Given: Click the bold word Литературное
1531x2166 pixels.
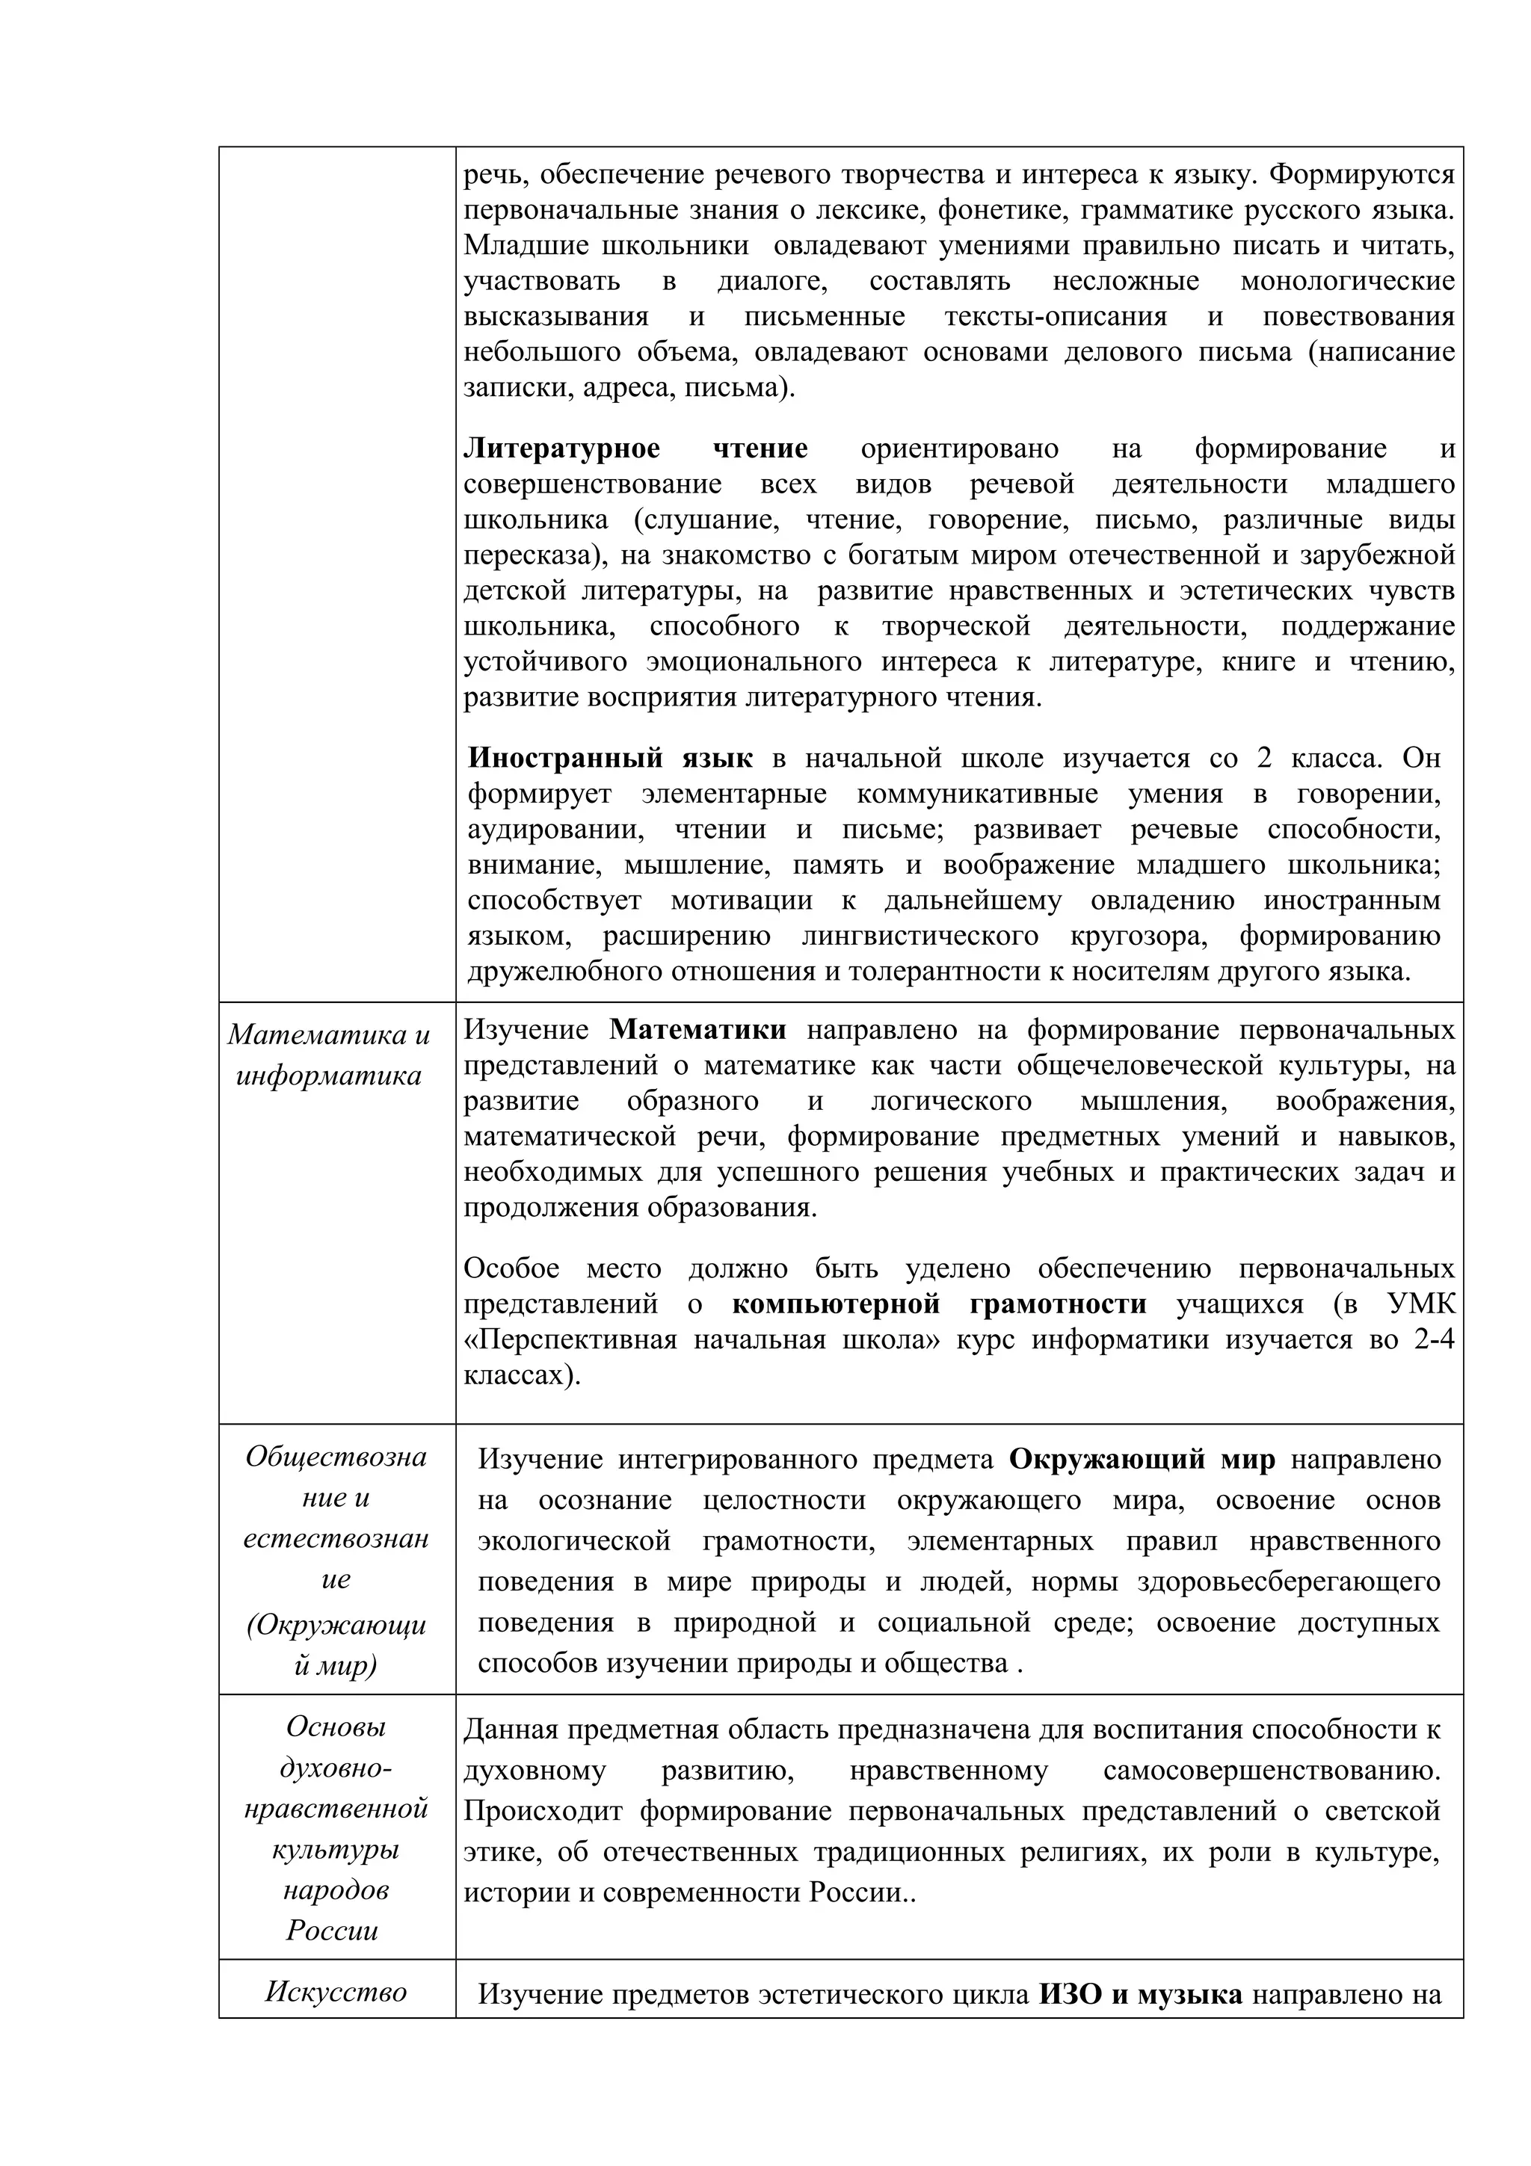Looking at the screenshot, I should point(561,449).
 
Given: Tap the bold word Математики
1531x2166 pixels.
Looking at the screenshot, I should point(697,1030).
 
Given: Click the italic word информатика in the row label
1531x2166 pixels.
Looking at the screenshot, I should point(328,1076).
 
